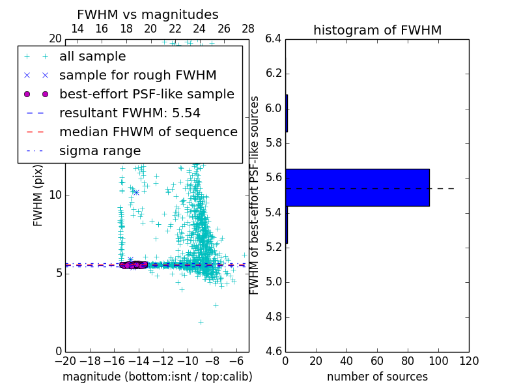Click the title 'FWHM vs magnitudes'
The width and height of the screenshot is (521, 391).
(148, 15)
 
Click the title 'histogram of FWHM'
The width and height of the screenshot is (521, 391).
(377, 30)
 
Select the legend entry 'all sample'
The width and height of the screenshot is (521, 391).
(92, 57)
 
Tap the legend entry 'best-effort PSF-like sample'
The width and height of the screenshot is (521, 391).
(147, 94)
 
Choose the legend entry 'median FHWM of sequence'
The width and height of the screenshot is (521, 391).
(148, 132)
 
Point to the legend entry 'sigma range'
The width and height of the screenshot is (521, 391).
(100, 151)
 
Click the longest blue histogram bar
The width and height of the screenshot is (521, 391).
(357, 188)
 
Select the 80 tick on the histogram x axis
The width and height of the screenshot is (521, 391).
(408, 360)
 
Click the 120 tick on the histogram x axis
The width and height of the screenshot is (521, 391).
(469, 360)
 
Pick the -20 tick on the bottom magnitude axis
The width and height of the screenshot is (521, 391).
(65, 360)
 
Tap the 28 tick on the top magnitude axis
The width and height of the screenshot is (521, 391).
(248, 29)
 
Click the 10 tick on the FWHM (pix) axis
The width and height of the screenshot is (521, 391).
(56, 195)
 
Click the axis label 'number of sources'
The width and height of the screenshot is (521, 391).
(377, 377)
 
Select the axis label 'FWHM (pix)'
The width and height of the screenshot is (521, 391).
(38, 195)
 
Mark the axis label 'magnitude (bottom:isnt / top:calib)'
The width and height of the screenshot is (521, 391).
(157, 377)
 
